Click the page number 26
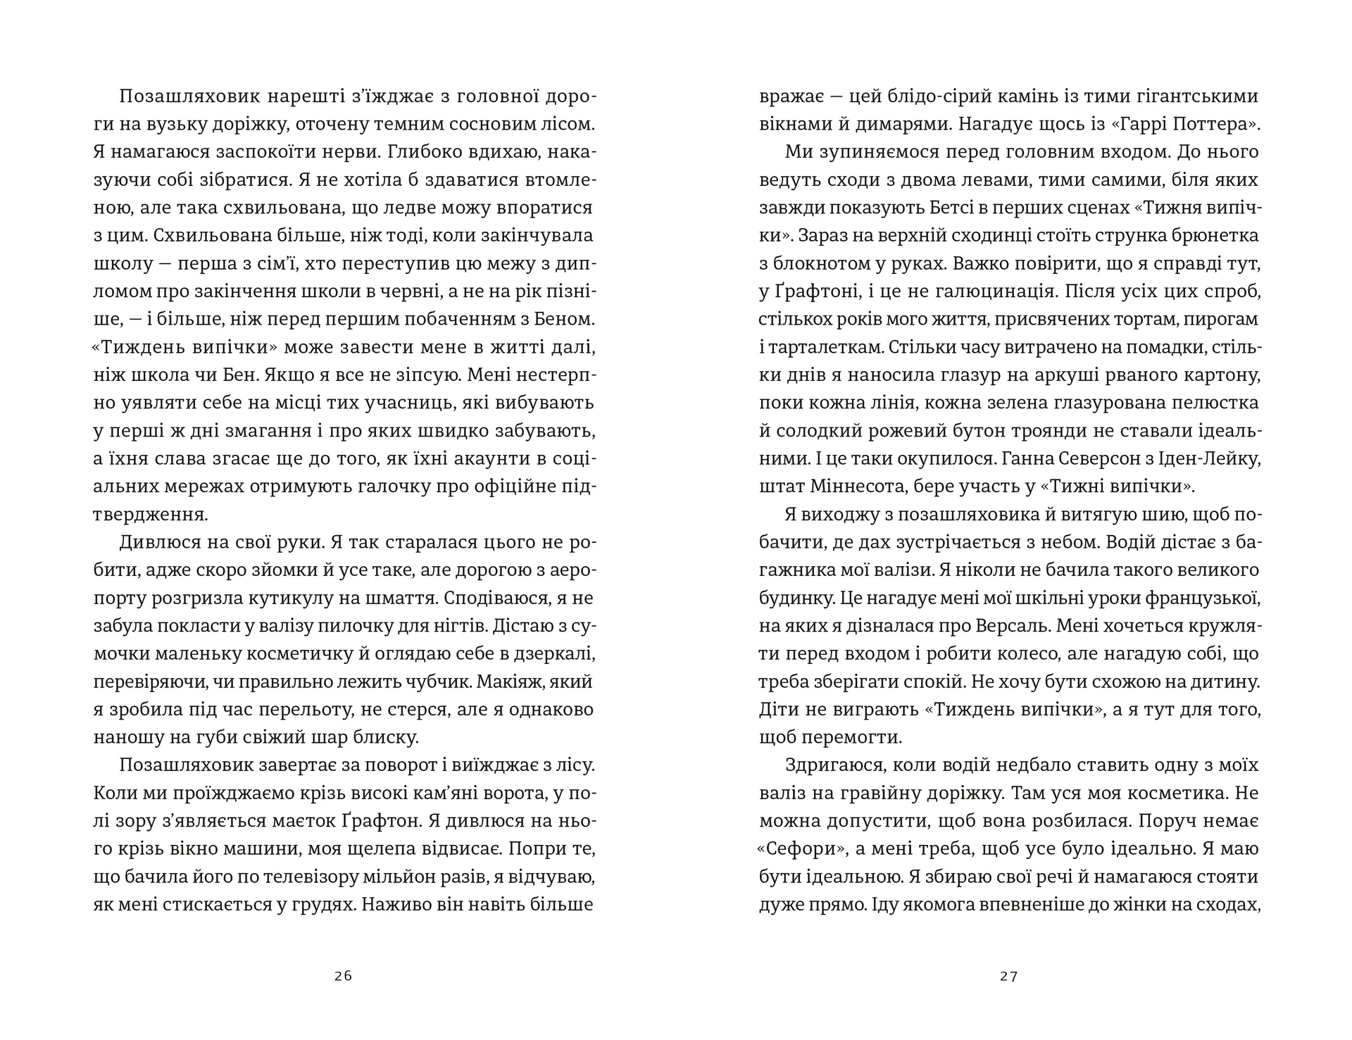(343, 976)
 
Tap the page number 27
(1008, 976)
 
